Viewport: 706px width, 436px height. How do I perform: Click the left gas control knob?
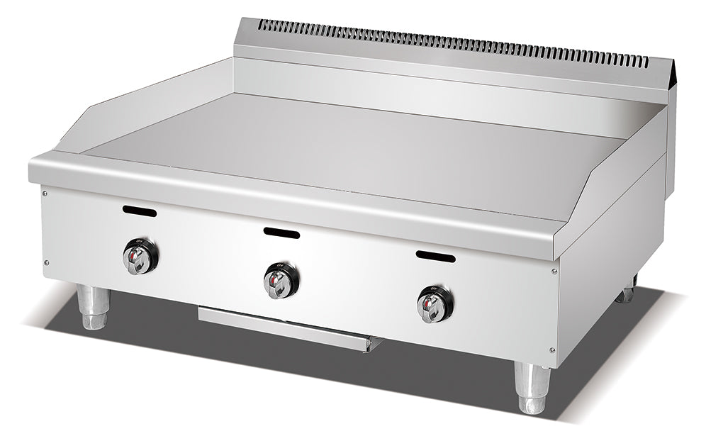click(140, 257)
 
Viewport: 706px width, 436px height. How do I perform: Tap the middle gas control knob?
click(281, 280)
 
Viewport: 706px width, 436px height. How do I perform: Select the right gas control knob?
click(435, 303)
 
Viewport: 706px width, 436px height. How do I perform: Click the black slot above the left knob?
click(140, 211)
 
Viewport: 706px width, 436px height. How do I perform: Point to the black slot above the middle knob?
click(281, 233)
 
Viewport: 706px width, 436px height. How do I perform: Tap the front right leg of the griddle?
click(532, 388)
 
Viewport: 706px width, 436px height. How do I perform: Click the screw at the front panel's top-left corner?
click(45, 192)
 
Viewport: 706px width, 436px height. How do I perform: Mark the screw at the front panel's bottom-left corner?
click(47, 262)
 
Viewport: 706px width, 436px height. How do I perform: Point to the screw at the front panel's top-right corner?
click(554, 271)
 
